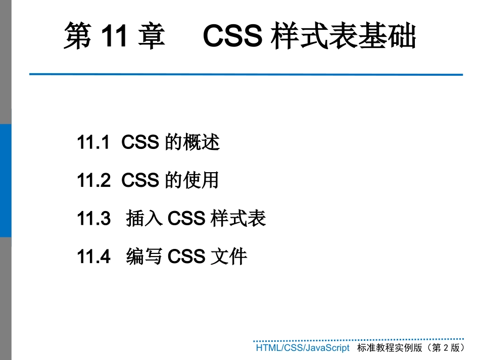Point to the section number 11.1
pyautogui.click(x=93, y=143)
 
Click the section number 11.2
pyautogui.click(x=93, y=181)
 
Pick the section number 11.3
pyautogui.click(x=93, y=219)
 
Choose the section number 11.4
pyautogui.click(x=93, y=256)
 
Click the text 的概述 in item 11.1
pyautogui.click(x=193, y=143)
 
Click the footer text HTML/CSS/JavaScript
pyautogui.click(x=302, y=348)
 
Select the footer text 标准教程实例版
pyautogui.click(x=389, y=348)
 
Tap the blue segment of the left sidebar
pyautogui.click(x=6, y=180)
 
